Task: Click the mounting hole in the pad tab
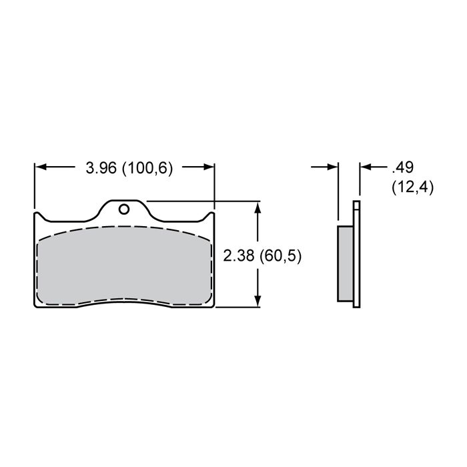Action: pos(124,209)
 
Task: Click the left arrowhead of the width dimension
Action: pos(41,167)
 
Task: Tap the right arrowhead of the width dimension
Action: pos(208,167)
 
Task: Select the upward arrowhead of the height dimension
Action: pos(258,207)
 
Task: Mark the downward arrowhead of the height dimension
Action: pos(258,301)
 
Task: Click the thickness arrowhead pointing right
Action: pos(332,167)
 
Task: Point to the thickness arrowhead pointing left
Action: pos(366,167)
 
